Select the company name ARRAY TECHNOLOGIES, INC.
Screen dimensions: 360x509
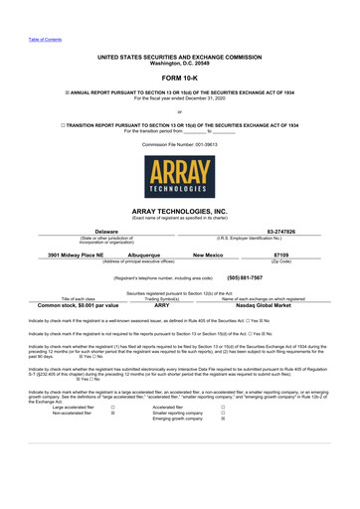[x=180, y=212]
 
